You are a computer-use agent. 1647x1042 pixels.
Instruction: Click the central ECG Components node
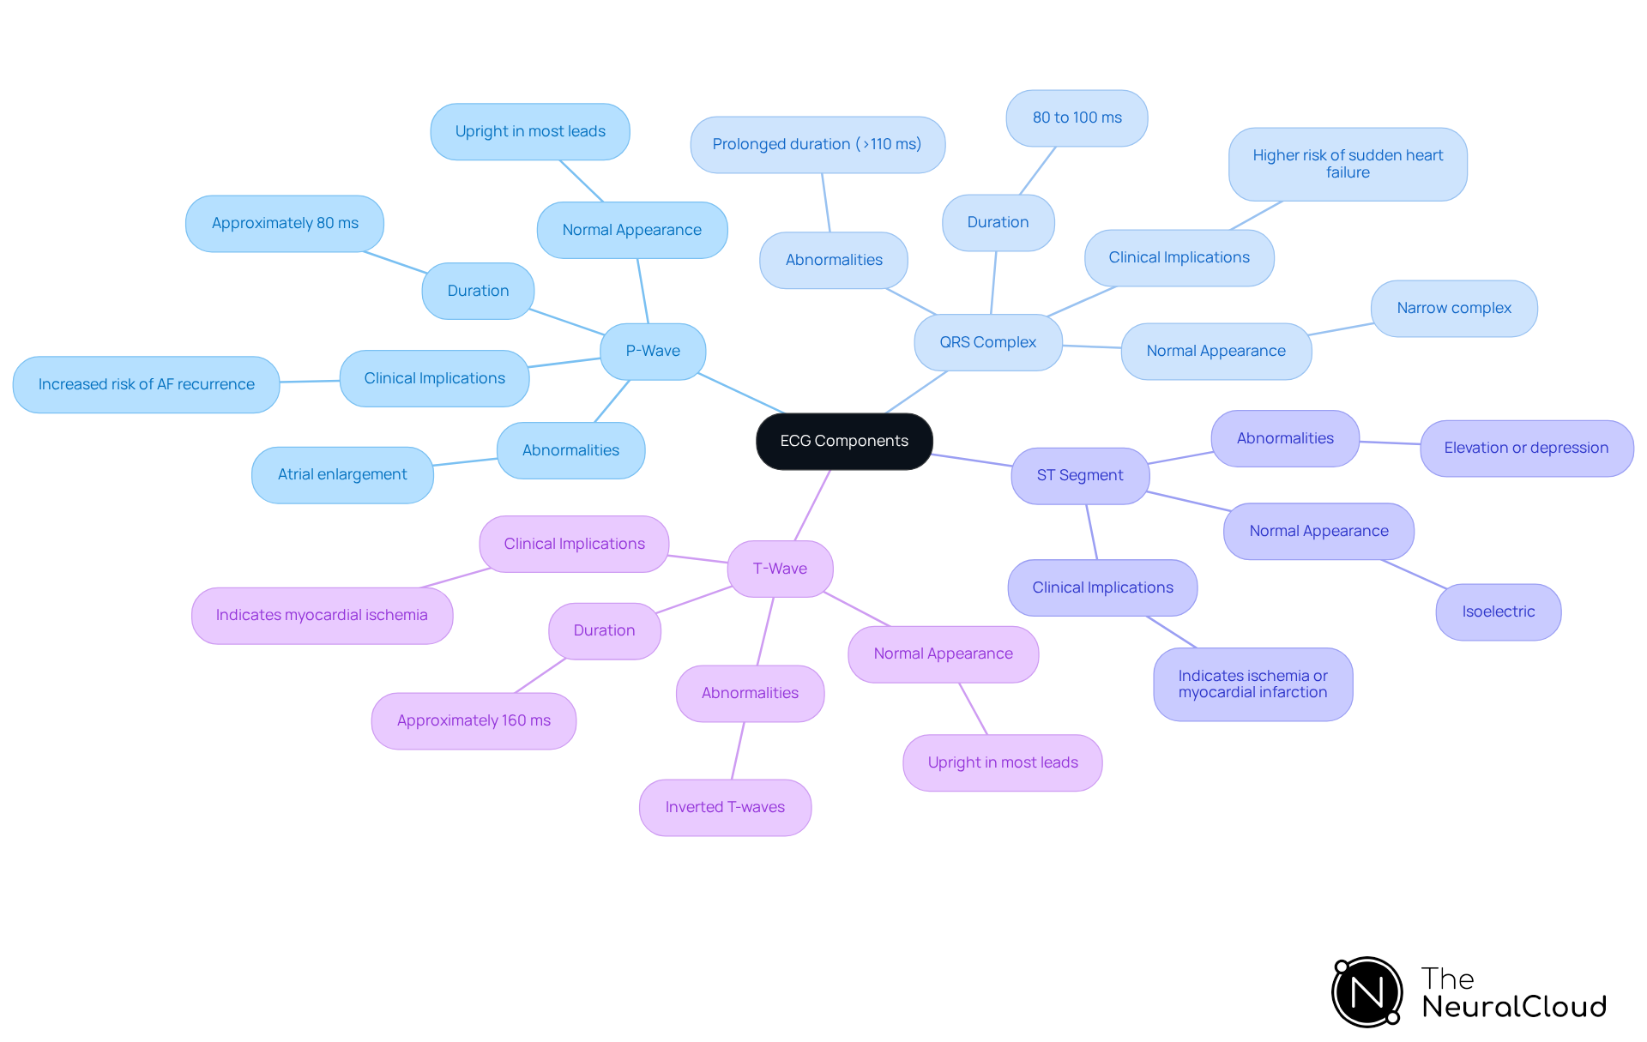coord(844,441)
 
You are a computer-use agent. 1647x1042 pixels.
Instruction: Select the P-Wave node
coord(653,351)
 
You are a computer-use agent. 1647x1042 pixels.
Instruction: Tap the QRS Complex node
coord(987,342)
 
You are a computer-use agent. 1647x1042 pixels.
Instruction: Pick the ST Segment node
coord(1079,475)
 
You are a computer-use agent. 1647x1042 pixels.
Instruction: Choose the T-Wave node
coord(780,569)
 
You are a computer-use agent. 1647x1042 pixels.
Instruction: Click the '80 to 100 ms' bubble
coord(1077,117)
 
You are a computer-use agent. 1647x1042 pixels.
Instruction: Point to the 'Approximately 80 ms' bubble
coord(285,223)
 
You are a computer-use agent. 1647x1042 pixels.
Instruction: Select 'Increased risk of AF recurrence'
coord(146,384)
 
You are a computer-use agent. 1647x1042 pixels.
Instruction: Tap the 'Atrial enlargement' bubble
coord(342,474)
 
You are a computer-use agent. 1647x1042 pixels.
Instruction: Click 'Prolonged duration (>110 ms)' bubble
coord(817,144)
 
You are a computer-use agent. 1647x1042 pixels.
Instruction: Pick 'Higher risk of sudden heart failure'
coord(1347,164)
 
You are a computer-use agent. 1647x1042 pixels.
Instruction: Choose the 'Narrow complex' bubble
coord(1453,308)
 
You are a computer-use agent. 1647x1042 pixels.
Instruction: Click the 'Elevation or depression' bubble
coord(1525,448)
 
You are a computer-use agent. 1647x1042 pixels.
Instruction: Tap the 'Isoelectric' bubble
coord(1498,611)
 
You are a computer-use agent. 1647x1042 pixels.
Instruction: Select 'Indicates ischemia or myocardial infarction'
coord(1252,684)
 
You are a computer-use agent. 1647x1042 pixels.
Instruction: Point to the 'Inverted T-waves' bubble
coord(725,807)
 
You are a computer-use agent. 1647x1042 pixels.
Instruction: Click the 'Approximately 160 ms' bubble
coord(474,720)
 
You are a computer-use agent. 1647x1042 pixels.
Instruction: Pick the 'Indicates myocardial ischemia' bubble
coord(322,615)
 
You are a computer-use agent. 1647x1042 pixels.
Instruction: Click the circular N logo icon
coord(1366,992)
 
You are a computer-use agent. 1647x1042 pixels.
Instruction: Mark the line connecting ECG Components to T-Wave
coord(812,506)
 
